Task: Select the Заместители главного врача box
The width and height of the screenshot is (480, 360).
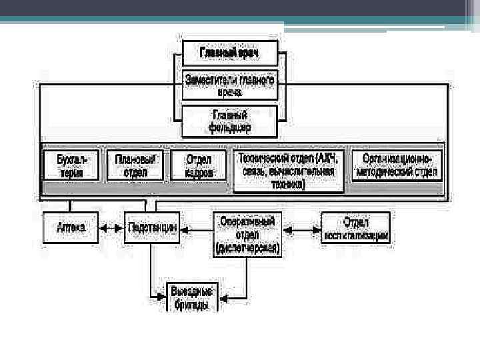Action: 229,86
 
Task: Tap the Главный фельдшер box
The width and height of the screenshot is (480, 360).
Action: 229,121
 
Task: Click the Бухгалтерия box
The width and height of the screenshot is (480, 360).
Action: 71,165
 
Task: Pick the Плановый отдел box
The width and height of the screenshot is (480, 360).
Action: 135,165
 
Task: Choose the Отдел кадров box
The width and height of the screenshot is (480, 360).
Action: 198,165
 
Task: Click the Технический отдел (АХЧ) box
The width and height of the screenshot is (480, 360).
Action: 289,171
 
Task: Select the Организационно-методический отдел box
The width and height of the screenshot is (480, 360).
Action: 397,165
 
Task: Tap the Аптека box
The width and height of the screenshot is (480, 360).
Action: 70,228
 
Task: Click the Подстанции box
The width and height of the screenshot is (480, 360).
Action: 151,228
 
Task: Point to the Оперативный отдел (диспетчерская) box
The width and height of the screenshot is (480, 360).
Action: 247,234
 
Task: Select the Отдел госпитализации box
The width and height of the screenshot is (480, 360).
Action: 356,228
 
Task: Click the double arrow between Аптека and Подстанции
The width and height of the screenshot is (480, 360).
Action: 111,228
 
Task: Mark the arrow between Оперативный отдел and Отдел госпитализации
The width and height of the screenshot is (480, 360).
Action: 301,229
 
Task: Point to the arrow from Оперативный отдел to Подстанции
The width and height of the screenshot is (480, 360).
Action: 196,229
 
